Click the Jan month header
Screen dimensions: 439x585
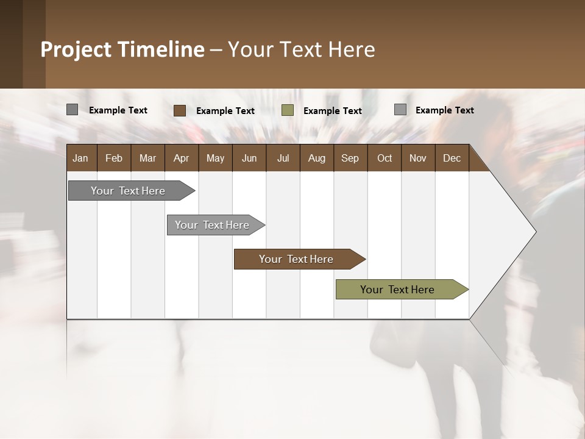(80, 159)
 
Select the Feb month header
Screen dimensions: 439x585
(114, 159)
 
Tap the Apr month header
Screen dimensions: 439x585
(181, 159)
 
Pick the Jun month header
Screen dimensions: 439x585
(249, 159)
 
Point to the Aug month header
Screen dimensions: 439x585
(316, 159)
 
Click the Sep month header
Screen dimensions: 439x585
(350, 159)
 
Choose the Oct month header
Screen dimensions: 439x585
(385, 159)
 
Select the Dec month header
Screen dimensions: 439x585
(452, 159)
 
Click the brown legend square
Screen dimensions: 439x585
(179, 110)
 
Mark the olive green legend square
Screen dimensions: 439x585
(288, 110)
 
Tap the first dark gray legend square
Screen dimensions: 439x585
(72, 110)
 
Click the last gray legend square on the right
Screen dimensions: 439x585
(400, 110)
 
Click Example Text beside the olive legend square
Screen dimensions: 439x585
(332, 111)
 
